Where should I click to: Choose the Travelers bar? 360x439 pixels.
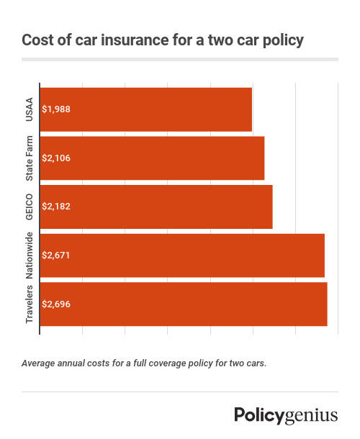coord(184,304)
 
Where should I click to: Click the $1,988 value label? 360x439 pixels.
coord(56,109)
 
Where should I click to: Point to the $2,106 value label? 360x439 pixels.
coord(56,158)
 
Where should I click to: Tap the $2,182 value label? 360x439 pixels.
coord(56,206)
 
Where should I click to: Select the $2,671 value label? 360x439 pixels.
coord(56,255)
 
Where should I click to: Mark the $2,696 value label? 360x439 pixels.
coord(56,304)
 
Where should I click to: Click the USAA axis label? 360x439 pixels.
coord(30,109)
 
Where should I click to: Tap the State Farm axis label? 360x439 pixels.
coord(30,158)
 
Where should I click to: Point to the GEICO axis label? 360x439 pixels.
coord(30,206)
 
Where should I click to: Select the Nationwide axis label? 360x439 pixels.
coord(30,255)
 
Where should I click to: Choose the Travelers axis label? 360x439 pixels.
coord(30,304)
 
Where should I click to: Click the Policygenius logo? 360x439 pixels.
coord(286,415)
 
